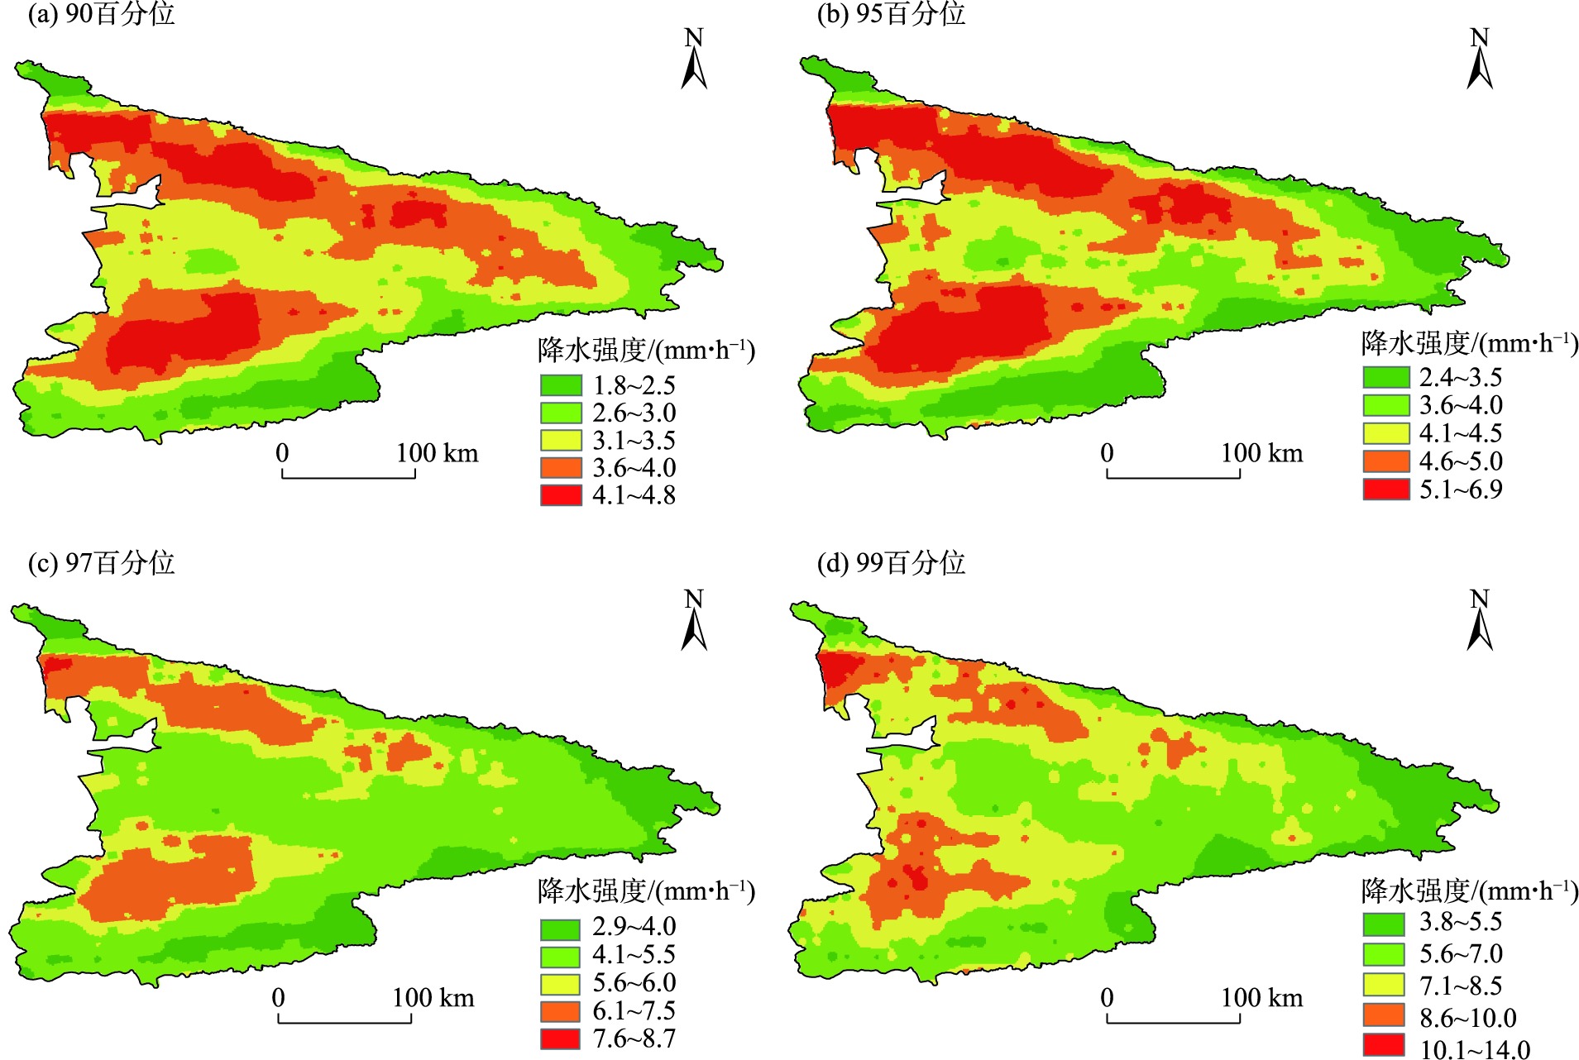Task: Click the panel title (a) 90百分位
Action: coord(101,14)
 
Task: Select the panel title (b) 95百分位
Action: coord(891,14)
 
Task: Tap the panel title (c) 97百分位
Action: coord(101,563)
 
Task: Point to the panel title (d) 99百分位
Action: coord(891,563)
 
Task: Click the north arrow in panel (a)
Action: coord(694,60)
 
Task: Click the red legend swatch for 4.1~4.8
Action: coord(561,494)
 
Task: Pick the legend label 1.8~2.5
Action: coord(634,385)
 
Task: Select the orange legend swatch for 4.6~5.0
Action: coord(1385,461)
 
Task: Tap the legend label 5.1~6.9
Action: coord(1461,489)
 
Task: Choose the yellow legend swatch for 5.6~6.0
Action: coord(561,983)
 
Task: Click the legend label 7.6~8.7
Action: coord(634,1039)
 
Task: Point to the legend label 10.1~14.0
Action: coord(1475,1049)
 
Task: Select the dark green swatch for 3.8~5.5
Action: coord(1384,923)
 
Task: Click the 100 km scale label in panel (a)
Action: coord(437,453)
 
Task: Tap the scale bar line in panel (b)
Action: coord(1173,476)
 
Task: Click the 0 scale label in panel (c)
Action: coord(279,998)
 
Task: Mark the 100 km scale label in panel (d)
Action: coord(1261,998)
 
